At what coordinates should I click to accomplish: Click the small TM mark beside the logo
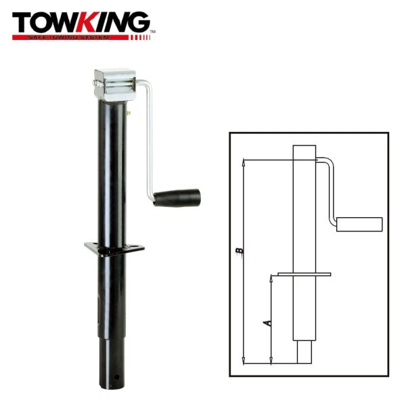[153, 32]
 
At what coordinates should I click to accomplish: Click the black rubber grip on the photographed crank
[177, 198]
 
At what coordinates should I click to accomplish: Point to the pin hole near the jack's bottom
[117, 373]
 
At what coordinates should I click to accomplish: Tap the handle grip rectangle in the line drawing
[359, 224]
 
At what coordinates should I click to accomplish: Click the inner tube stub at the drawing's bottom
[304, 352]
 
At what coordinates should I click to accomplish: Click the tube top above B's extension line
[303, 152]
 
